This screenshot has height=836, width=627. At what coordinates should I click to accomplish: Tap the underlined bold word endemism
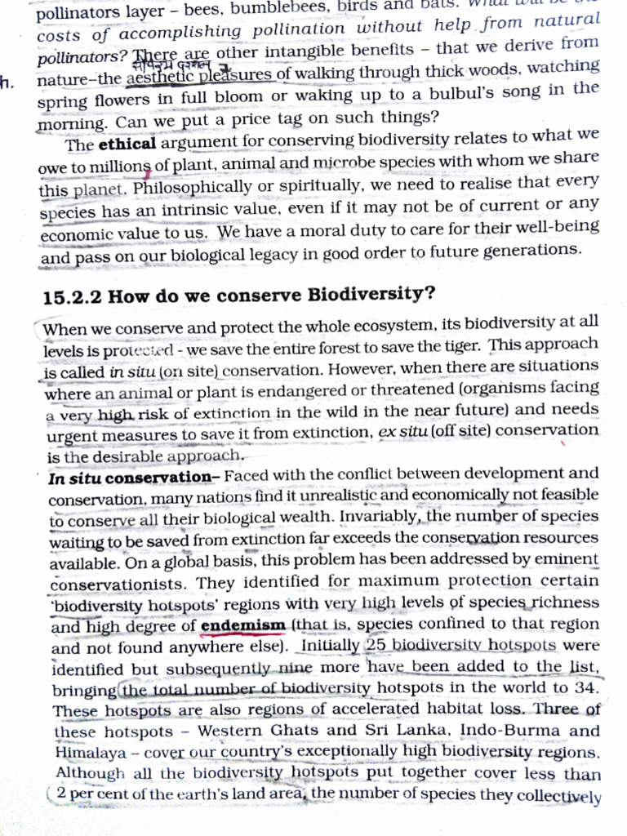click(242, 626)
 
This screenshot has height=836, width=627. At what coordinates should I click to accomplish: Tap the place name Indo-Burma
click(508, 729)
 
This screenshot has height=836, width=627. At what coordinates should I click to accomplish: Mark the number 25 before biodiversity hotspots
click(376, 645)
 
